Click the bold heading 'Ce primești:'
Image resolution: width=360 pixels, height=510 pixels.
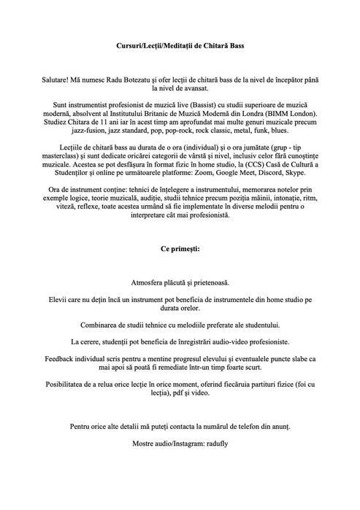[x=180, y=248]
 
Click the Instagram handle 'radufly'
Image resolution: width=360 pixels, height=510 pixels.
[x=213, y=441]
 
